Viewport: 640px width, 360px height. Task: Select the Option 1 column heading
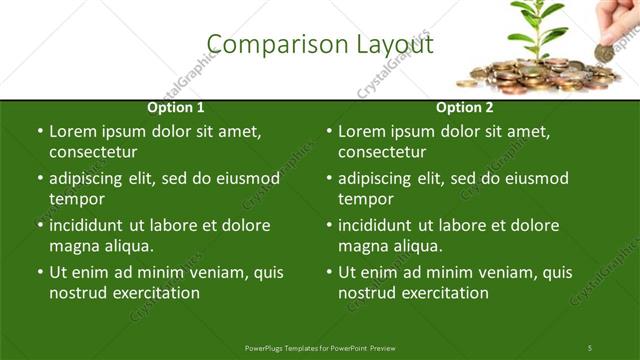pos(176,107)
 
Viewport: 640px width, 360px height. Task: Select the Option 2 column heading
pos(464,107)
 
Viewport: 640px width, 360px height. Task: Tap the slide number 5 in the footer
pos(590,347)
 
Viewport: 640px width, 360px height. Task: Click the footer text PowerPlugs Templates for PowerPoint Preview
pos(320,347)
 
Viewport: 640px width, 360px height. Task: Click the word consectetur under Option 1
pos(93,153)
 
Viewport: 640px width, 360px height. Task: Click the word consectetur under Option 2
pos(382,153)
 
